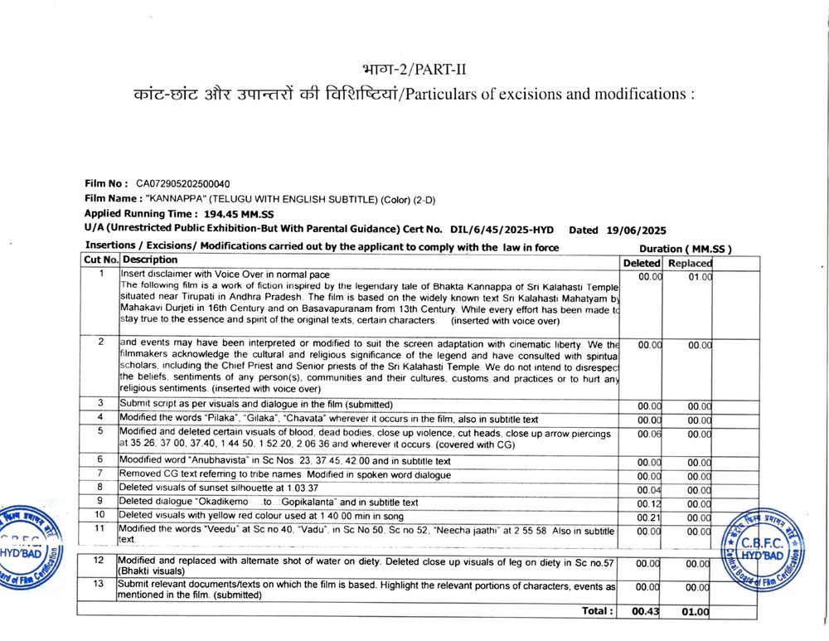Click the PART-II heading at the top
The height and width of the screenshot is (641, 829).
click(420, 69)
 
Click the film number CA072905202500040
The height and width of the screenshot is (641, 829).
click(188, 183)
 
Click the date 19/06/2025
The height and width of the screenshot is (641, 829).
click(637, 230)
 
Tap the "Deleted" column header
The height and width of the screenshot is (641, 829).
click(642, 263)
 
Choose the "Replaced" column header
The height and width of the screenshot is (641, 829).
click(690, 263)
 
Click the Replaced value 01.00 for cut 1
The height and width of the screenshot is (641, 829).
click(700, 277)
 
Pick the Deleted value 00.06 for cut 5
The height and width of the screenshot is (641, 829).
click(649, 434)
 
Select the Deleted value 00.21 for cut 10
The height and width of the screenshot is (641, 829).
click(649, 517)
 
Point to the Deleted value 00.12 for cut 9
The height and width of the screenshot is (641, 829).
click(649, 503)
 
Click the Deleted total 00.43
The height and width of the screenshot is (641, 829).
click(644, 612)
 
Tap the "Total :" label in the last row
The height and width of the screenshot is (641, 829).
click(597, 611)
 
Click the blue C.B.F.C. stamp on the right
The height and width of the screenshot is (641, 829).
click(765, 550)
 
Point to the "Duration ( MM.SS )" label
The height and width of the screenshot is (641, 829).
click(685, 249)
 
